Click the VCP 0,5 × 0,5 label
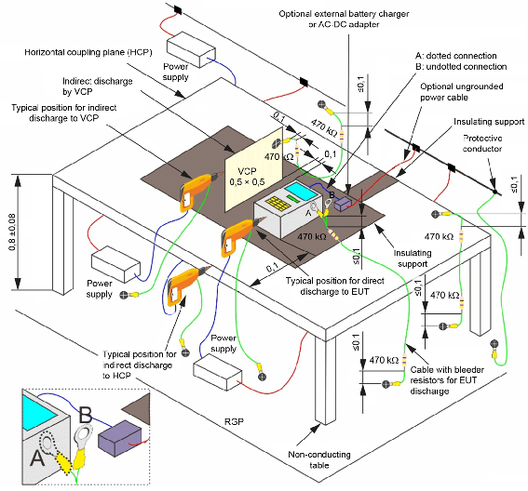[247, 177]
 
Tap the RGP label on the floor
[234, 421]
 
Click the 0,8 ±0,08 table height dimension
[12, 232]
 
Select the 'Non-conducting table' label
[319, 459]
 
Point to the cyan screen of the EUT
[301, 191]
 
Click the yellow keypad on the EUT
[278, 204]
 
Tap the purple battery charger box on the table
[343, 205]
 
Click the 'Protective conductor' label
[482, 143]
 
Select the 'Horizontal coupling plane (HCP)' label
[88, 52]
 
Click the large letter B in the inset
[85, 415]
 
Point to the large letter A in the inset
[37, 458]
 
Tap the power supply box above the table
[191, 49]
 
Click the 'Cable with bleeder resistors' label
[447, 380]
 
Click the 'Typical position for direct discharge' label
[334, 285]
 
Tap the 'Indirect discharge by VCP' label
[98, 86]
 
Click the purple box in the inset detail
[120, 438]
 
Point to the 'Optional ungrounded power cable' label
[461, 92]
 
